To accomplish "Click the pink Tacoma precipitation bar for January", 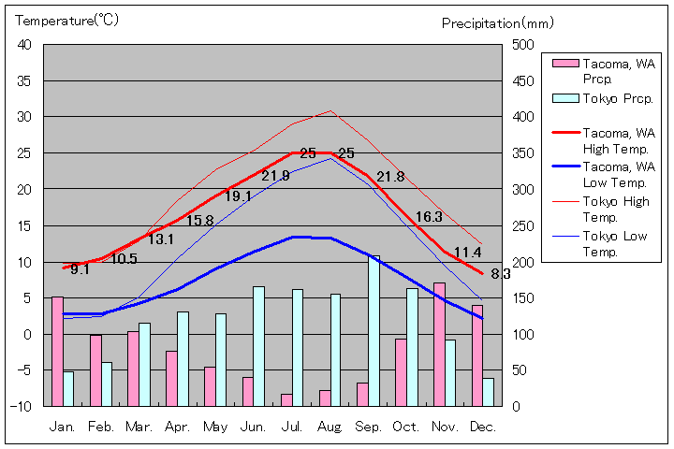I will click(57, 351).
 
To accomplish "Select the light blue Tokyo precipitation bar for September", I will click(374, 330).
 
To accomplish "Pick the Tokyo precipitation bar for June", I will click(258, 346).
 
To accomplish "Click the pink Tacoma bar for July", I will click(286, 399).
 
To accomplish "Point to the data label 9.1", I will click(80, 269).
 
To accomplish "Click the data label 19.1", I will click(238, 196).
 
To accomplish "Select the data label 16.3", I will click(429, 217).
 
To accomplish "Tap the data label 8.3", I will click(500, 274).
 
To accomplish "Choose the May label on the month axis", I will click(215, 427).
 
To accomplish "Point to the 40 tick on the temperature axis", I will click(24, 45).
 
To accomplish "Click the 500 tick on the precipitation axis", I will click(522, 45).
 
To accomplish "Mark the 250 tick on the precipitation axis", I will click(522, 225).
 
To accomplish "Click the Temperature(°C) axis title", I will click(67, 21).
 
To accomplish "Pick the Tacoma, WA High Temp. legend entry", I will click(617, 140).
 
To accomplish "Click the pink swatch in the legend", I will click(564, 64).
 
